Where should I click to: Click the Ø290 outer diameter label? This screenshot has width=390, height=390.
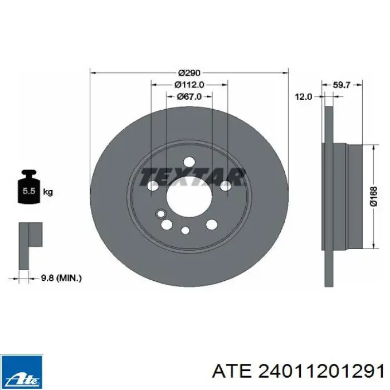coord(189,73)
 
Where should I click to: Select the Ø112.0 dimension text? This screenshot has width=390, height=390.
coord(189,85)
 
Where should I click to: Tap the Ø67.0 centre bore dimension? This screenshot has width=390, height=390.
coord(189,96)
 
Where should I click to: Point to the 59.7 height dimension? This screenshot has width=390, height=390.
coord(342,85)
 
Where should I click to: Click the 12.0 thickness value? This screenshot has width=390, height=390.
coord(303,96)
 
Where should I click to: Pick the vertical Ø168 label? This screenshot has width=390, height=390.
coord(374,197)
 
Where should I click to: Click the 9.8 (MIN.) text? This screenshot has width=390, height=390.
coord(61,278)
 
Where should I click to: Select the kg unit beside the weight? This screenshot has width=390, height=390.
coord(48,192)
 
